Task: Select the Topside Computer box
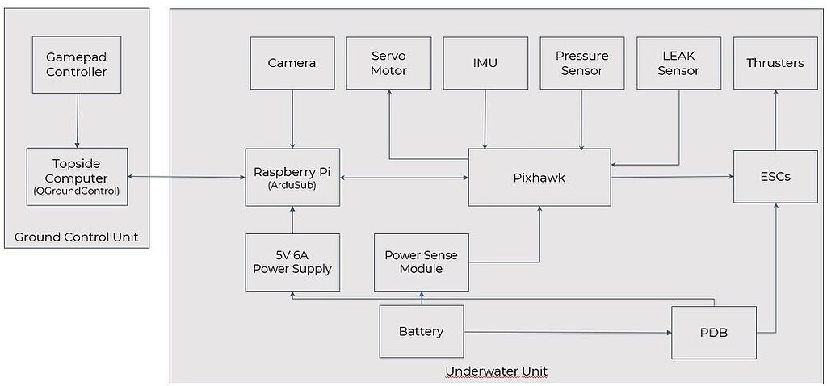[x=77, y=176]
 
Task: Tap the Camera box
[x=292, y=62]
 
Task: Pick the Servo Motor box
[x=388, y=62]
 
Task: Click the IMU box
[x=485, y=62]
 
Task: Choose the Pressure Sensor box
[x=581, y=62]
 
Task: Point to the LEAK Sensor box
[x=678, y=62]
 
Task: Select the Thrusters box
[x=775, y=62]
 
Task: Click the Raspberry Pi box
[x=292, y=176]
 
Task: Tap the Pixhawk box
[x=539, y=177]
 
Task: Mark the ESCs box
[x=775, y=176]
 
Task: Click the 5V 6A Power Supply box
[x=292, y=262]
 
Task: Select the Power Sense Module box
[x=421, y=262]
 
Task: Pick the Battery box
[x=421, y=331]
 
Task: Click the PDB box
[x=714, y=332]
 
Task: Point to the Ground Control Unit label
[x=76, y=237]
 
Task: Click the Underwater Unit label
[x=496, y=371]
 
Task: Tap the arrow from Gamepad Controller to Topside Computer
[x=77, y=121]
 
